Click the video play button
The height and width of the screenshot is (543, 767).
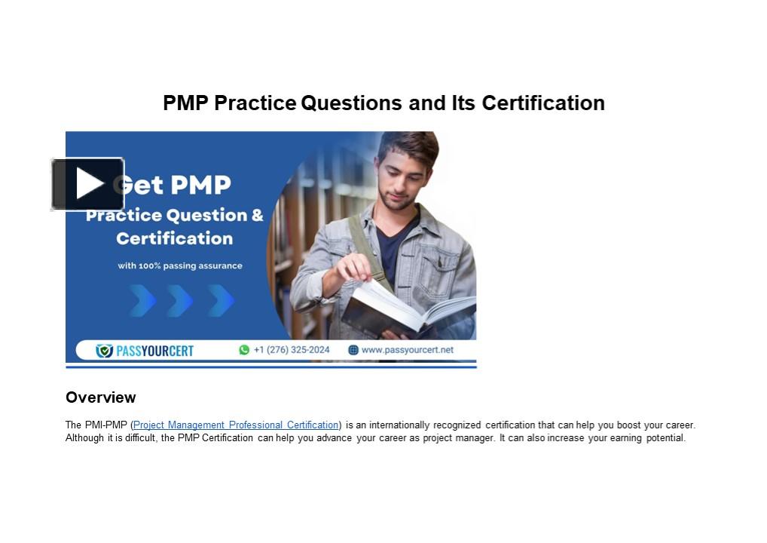(x=87, y=184)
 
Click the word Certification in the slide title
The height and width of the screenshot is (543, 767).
(x=542, y=103)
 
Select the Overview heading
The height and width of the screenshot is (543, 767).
(x=100, y=397)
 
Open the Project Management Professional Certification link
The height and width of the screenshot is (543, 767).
(x=236, y=425)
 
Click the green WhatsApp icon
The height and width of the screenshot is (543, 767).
(x=244, y=350)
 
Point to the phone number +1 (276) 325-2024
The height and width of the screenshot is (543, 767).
(x=292, y=350)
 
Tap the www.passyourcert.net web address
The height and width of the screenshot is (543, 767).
(x=407, y=350)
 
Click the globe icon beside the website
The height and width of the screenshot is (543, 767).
(x=353, y=350)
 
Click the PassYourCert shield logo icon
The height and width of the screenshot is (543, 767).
(x=104, y=351)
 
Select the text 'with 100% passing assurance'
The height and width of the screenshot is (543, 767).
(x=179, y=265)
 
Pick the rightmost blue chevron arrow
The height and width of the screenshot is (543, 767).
(x=222, y=300)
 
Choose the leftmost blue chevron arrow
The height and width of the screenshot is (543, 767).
(x=142, y=300)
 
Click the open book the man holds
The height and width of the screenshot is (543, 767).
(x=407, y=305)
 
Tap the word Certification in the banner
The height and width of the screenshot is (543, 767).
(x=174, y=238)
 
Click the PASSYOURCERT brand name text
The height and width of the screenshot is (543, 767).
(x=154, y=351)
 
